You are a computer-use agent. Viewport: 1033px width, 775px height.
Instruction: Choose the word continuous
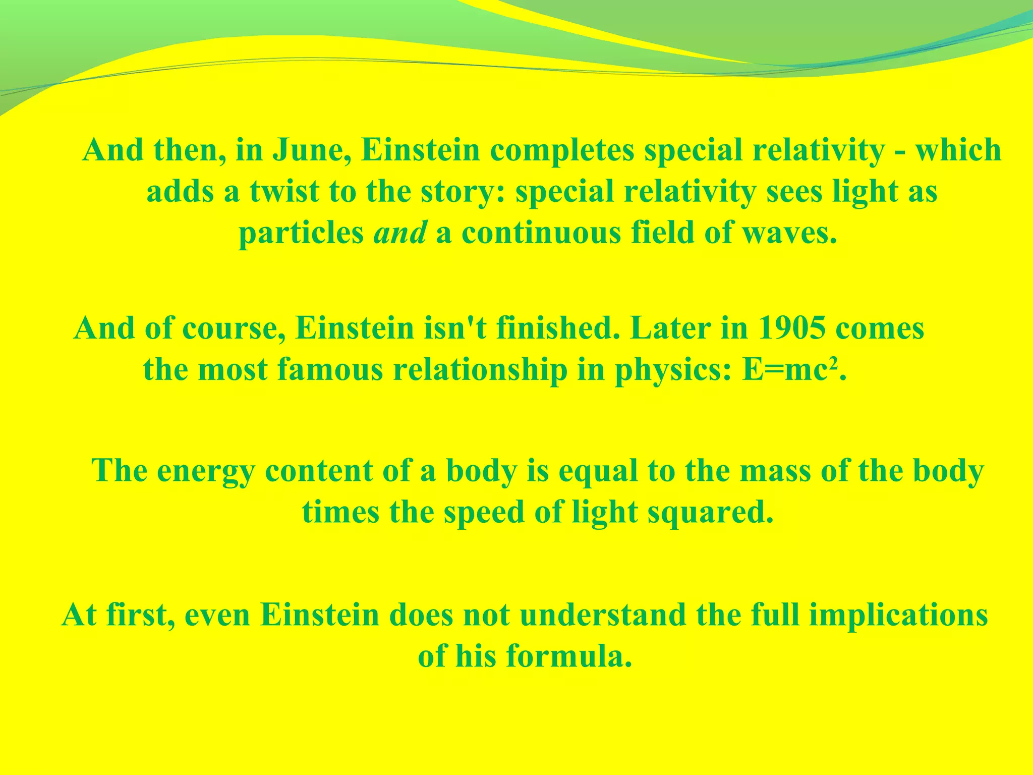[541, 233]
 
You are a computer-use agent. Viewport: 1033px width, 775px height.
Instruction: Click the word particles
[301, 233]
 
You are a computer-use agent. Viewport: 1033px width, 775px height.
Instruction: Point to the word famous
[330, 369]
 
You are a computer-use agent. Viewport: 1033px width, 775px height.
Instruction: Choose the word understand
[603, 615]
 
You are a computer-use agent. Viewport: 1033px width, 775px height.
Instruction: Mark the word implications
[898, 616]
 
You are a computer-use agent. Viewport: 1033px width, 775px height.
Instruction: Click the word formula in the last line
[569, 656]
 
